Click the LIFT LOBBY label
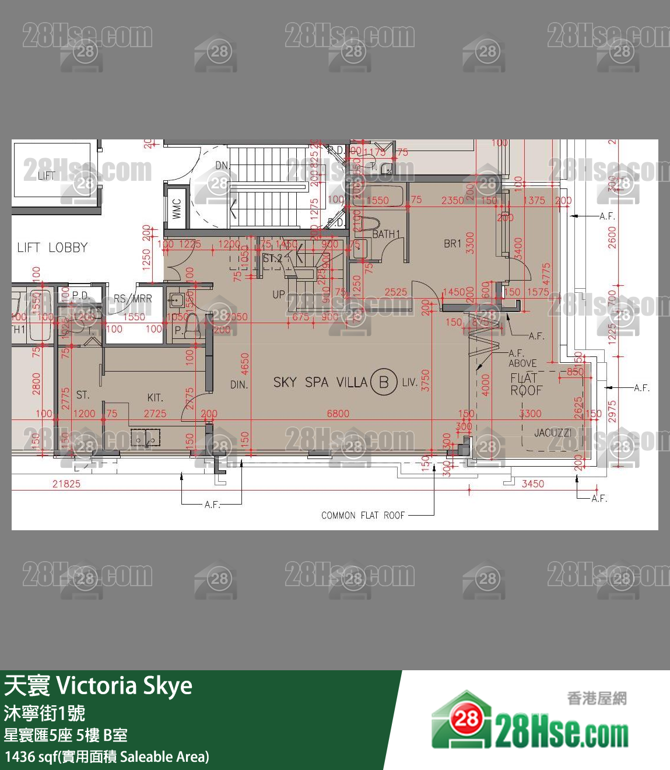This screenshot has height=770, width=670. coord(52,247)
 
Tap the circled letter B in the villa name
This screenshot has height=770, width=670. coord(384,382)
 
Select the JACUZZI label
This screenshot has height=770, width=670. coord(553,433)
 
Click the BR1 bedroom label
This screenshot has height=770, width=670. coord(452,243)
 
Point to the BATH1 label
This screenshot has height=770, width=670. coord(387,234)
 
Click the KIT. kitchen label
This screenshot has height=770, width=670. coord(155,397)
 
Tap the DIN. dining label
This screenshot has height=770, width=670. coord(239,385)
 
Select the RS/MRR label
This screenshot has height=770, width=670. coord(132,299)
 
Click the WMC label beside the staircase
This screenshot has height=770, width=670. coord(177,209)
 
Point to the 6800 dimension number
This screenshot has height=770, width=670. coord(338,414)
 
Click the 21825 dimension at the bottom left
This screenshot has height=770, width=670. coord(66,484)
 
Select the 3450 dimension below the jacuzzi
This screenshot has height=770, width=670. coord(532,484)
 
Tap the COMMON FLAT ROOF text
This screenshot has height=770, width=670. coord(363,515)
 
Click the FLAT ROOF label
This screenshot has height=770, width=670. coord(526,384)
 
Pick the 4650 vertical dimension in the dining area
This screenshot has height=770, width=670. coord(245,365)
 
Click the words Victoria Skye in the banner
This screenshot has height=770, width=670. coord(124,686)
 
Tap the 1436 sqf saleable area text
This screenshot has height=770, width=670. coord(107,757)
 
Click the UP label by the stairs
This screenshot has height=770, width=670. coord(279,295)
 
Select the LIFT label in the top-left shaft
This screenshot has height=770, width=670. coord(47,176)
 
